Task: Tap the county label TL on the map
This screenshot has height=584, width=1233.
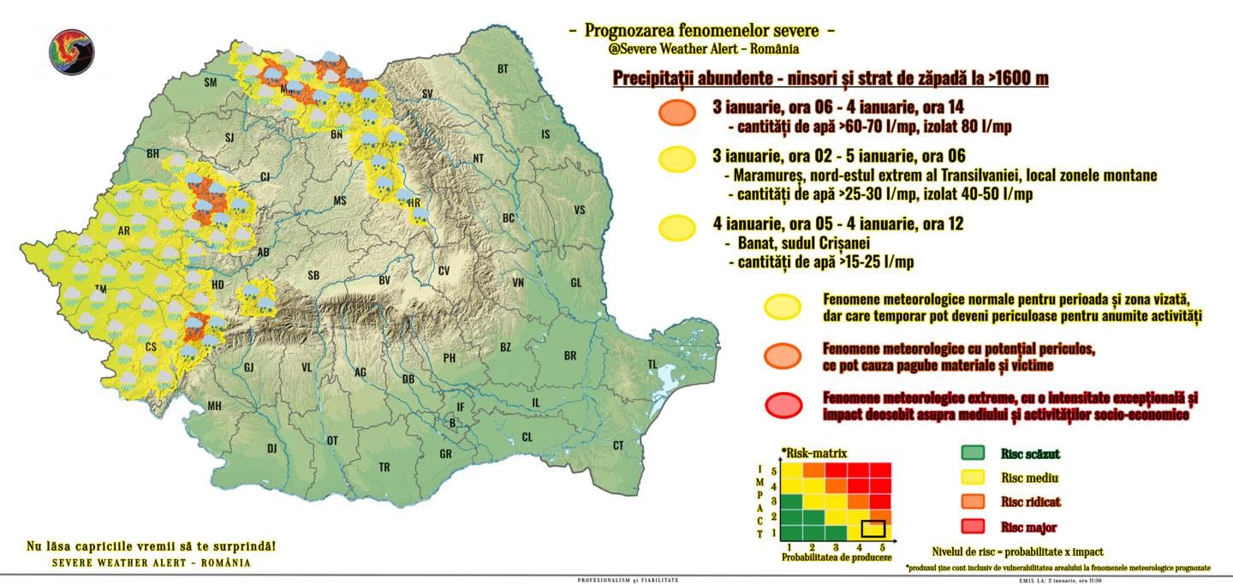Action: pos(652,364)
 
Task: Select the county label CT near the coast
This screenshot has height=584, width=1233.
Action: pos(617,445)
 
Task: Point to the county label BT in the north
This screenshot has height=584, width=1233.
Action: pos(503,69)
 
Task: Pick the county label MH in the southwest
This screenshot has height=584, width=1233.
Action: pos(214,405)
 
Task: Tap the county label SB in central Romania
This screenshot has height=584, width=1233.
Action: pos(314,276)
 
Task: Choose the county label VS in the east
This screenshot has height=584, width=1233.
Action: pos(580,210)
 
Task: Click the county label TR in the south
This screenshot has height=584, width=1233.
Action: pos(384,467)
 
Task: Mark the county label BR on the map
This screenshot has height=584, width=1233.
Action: pos(570,355)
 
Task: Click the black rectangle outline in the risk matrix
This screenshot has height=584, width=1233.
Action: pos(873,528)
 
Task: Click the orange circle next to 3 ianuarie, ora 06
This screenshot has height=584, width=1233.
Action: pos(677,113)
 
